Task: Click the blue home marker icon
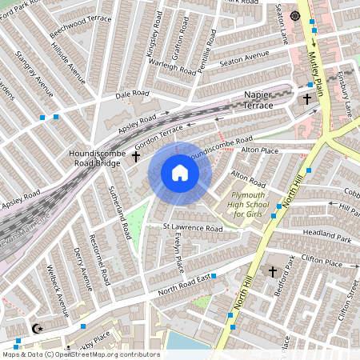point(180,173)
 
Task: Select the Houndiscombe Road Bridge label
point(94,156)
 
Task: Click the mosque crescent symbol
point(36,328)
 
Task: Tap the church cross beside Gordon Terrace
point(136,157)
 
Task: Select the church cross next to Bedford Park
point(273,272)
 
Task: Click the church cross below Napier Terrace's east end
point(307,99)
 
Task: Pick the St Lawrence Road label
point(192,229)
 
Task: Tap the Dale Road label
point(132,94)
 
